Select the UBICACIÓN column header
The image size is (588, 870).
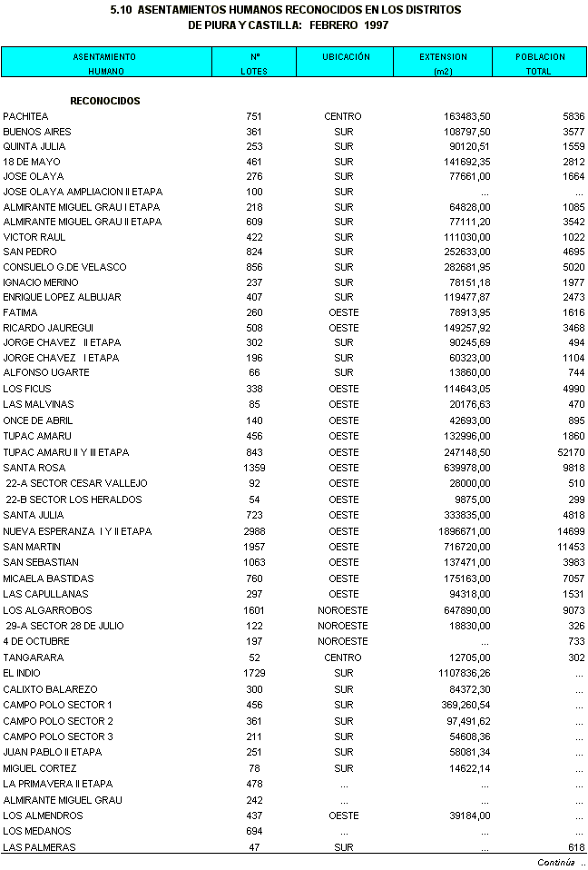click(346, 56)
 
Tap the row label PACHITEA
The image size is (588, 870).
click(25, 116)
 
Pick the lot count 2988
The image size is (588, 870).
click(254, 531)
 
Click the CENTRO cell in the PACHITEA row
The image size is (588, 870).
click(343, 116)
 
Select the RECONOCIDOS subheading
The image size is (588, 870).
click(105, 101)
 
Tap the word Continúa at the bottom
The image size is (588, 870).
click(555, 862)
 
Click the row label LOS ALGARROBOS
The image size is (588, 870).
click(47, 610)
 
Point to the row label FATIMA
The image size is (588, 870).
click(21, 312)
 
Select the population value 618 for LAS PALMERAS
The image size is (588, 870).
click(575, 847)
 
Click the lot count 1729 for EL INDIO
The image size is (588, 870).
click(254, 673)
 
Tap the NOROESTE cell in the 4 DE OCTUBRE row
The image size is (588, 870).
click(343, 641)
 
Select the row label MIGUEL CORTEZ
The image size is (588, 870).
click(39, 768)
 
